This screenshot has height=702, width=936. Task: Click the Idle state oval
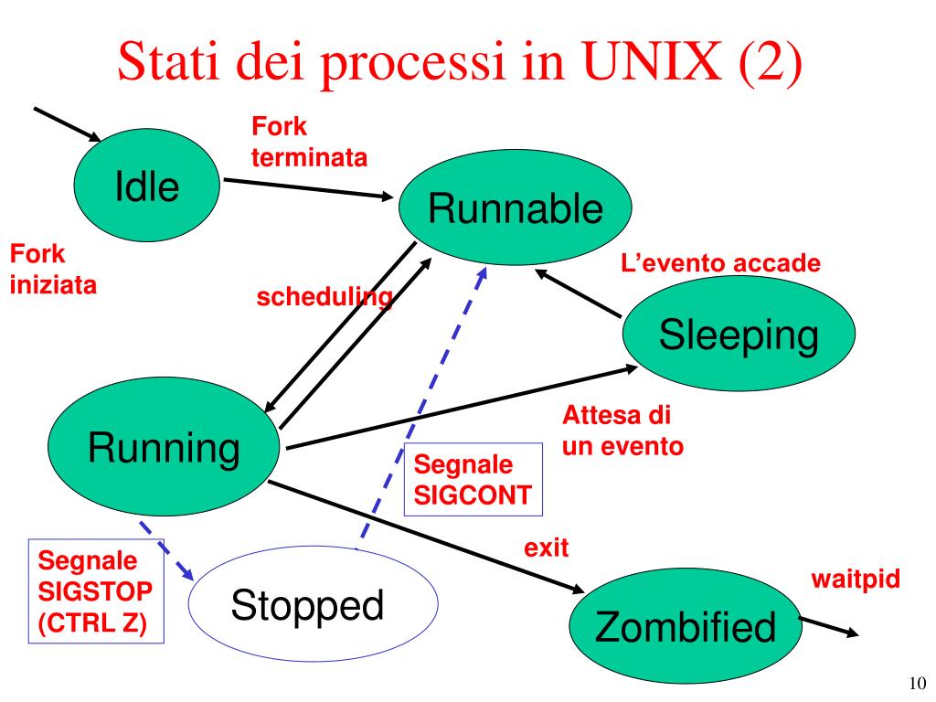(x=147, y=186)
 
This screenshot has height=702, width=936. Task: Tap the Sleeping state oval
(x=739, y=336)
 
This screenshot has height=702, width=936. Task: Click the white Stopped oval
(x=306, y=604)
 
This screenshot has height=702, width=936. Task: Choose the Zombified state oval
(x=686, y=627)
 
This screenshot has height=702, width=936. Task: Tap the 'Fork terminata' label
(x=309, y=143)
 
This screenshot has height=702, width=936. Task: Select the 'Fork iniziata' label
(x=53, y=270)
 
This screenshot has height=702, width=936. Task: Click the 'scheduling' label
(x=324, y=297)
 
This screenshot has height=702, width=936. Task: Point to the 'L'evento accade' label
(x=720, y=264)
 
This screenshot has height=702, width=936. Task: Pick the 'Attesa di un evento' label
(x=622, y=431)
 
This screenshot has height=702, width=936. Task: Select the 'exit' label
(x=546, y=548)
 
